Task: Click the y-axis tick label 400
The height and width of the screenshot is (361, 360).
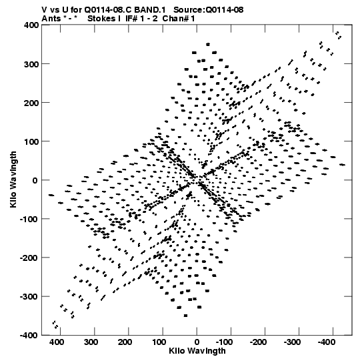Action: [31, 25]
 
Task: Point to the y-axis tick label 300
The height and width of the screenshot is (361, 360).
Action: [31, 64]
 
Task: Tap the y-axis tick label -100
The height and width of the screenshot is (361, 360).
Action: [29, 219]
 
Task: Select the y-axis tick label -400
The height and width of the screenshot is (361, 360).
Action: [29, 335]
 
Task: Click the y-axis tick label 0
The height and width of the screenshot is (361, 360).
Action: [35, 180]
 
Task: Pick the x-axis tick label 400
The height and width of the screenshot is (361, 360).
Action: [57, 342]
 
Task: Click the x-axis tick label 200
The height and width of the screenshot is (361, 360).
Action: [125, 342]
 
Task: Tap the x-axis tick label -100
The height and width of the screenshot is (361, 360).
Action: [224, 342]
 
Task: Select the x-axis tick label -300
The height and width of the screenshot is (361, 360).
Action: [292, 342]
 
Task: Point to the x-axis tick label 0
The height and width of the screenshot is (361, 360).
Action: [197, 342]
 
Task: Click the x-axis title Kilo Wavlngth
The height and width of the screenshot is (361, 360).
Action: [197, 351]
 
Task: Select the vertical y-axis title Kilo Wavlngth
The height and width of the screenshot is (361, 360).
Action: [13, 179]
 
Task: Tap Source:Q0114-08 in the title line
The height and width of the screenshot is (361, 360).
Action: [209, 10]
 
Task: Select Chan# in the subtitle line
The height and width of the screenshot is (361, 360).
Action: [175, 19]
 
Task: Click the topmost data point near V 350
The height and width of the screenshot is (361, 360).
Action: [208, 44]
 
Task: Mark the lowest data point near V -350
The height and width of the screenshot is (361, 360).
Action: [185, 316]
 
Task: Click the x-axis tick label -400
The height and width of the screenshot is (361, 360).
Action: [326, 342]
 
